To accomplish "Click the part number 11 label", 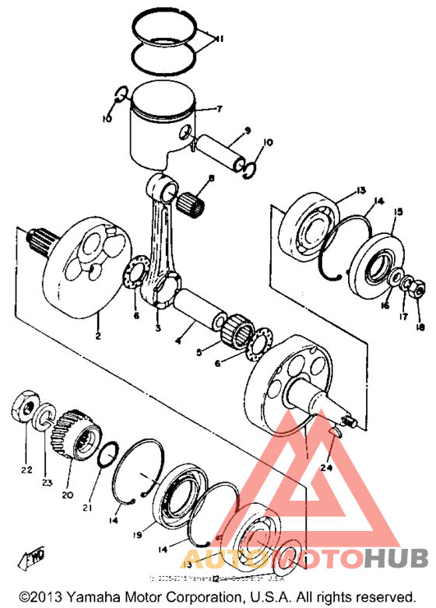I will (x=220, y=38).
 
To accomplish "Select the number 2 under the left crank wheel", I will (x=98, y=336).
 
